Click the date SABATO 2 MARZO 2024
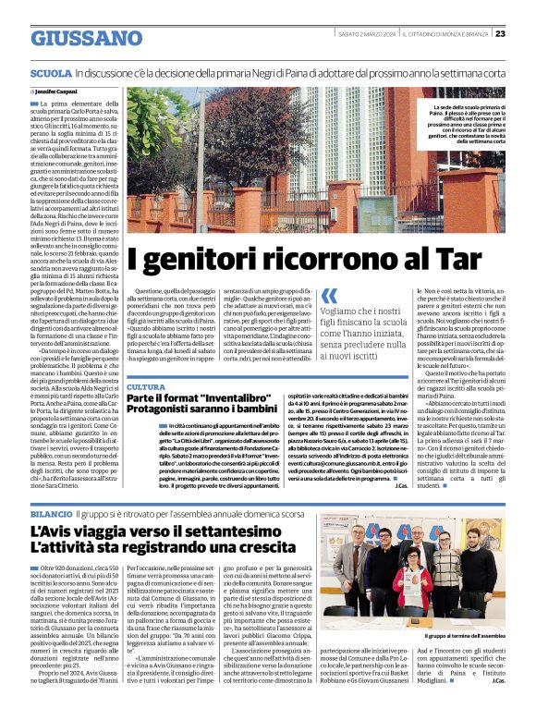point(367,33)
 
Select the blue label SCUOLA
point(51,72)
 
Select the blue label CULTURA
point(146,386)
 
